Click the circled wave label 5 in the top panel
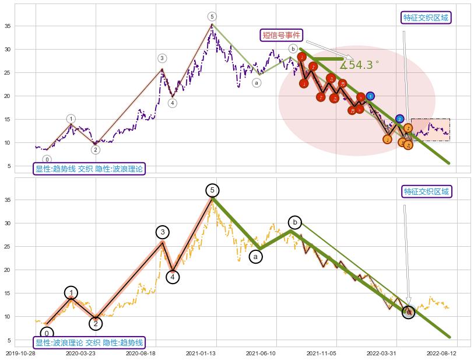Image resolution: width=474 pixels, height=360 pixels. (212, 16)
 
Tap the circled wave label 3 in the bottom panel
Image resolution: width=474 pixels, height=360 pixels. (162, 232)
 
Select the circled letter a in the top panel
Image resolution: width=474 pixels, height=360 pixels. (257, 83)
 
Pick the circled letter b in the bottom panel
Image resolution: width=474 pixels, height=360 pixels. (295, 222)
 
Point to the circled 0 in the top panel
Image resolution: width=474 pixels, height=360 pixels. (47, 159)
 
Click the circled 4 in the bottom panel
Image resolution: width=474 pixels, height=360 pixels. (173, 277)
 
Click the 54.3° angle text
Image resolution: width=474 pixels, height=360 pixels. (359, 65)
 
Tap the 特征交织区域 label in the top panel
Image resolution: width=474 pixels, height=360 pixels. (426, 18)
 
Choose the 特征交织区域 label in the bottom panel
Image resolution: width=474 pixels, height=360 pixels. (427, 191)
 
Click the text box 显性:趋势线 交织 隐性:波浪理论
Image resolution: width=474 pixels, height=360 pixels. (89, 169)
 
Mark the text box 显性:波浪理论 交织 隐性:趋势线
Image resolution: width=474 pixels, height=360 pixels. (89, 342)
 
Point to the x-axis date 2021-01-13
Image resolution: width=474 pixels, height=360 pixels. (201, 353)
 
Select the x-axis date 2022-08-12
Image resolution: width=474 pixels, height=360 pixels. (442, 353)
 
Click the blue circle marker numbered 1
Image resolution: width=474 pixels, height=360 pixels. (370, 96)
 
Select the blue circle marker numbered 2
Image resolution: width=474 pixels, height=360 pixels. (399, 119)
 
